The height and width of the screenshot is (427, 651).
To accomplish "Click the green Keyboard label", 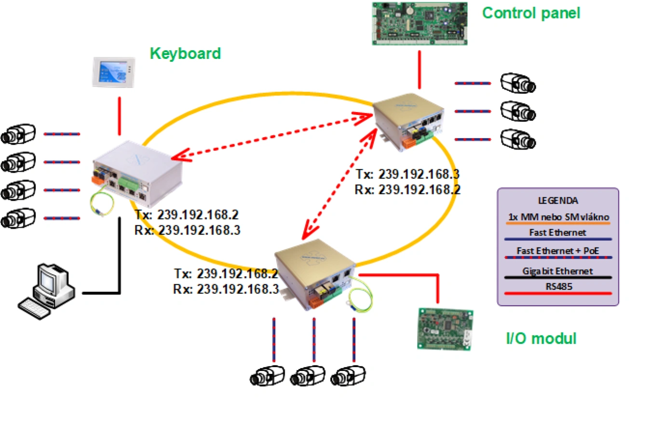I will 185,53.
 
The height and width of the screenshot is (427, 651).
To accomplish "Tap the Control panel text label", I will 531,13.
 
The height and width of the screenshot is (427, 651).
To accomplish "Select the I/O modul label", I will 541,338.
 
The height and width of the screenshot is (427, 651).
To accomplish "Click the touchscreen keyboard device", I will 113,72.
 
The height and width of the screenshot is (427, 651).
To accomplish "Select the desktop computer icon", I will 48,287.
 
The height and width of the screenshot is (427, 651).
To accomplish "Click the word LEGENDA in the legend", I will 557,199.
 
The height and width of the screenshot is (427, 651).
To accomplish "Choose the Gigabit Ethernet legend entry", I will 557,271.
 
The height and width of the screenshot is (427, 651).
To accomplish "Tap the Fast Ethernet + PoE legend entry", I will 557,251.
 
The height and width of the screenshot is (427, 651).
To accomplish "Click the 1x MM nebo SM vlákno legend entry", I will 557,217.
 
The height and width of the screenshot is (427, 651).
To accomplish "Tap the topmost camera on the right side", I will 517,83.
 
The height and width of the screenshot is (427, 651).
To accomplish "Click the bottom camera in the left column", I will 18,218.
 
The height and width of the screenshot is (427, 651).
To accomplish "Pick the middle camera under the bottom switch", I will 308,375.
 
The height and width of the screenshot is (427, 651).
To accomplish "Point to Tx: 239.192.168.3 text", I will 407,174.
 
